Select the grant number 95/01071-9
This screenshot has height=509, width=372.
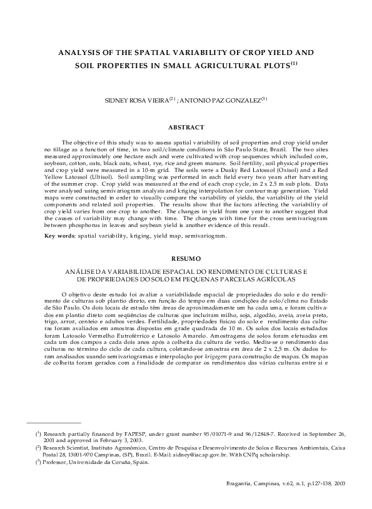coord(209,433)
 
